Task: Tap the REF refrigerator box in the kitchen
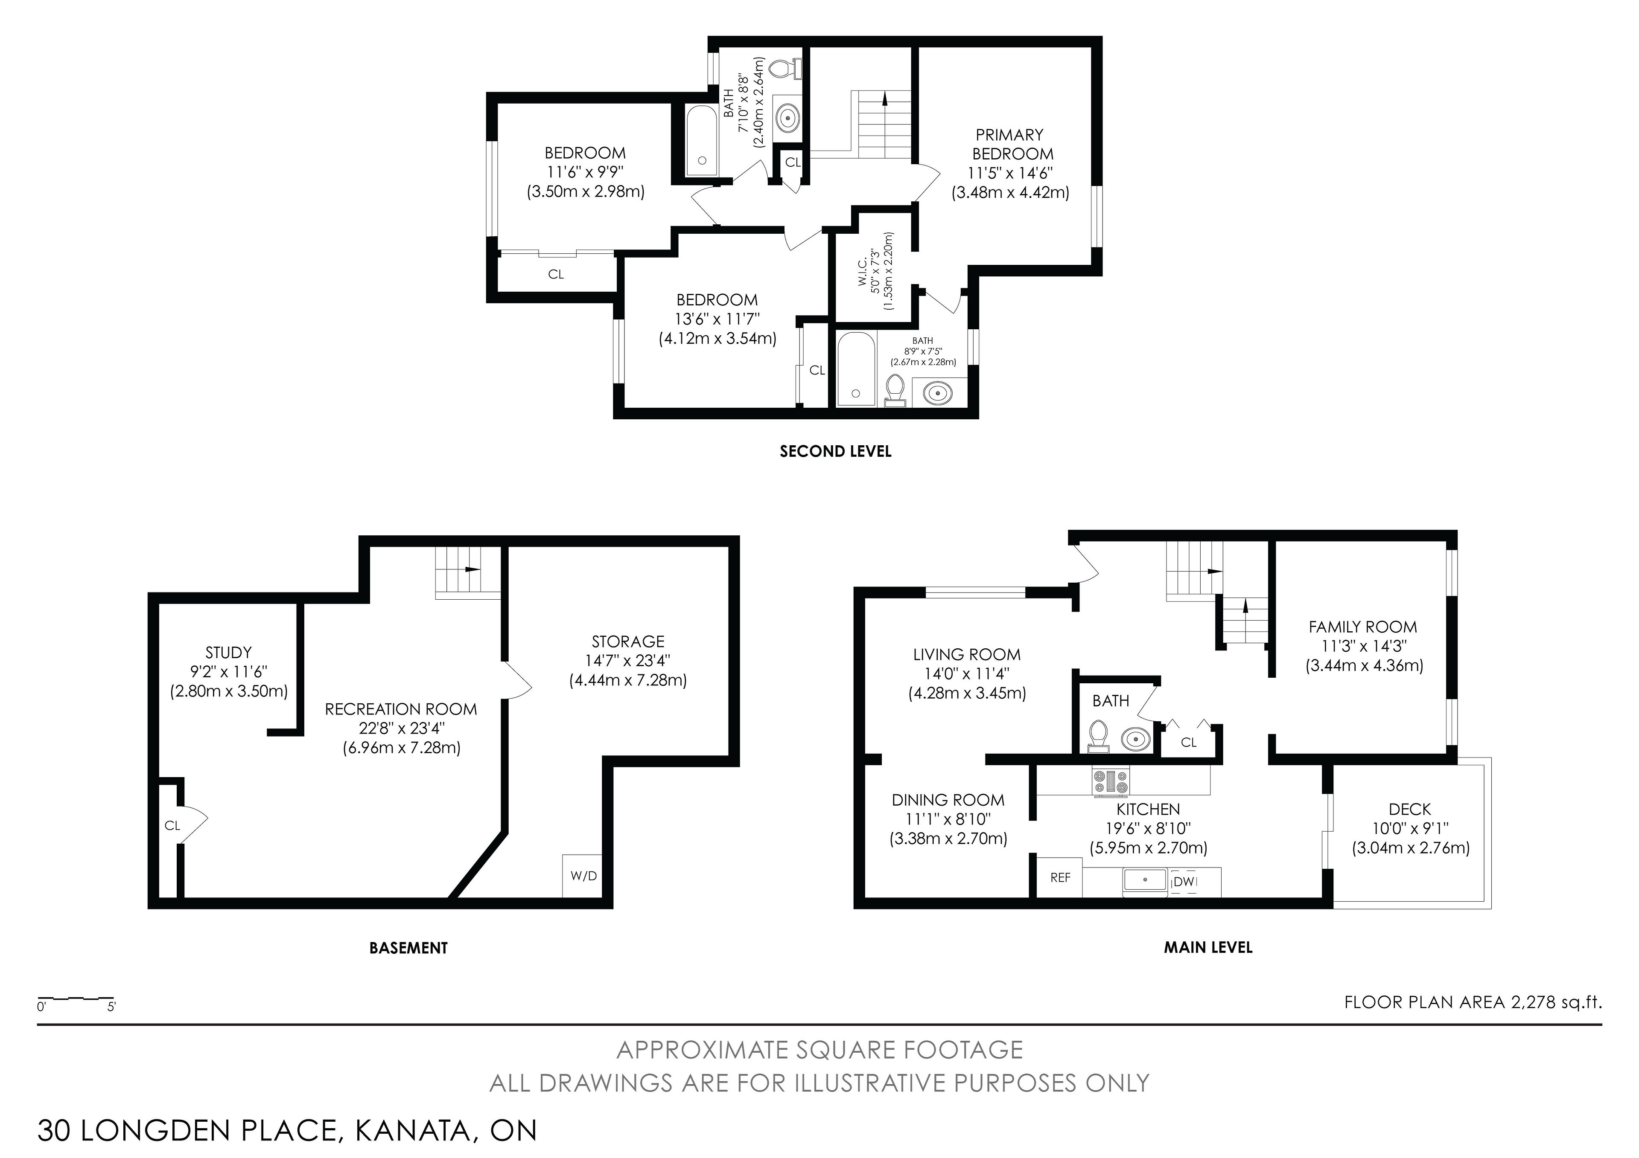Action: point(1060,877)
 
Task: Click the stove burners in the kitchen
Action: point(1111,781)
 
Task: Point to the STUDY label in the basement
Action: point(228,652)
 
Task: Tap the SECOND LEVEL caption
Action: point(835,451)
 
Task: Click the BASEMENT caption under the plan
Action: point(408,948)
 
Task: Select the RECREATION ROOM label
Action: point(401,709)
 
